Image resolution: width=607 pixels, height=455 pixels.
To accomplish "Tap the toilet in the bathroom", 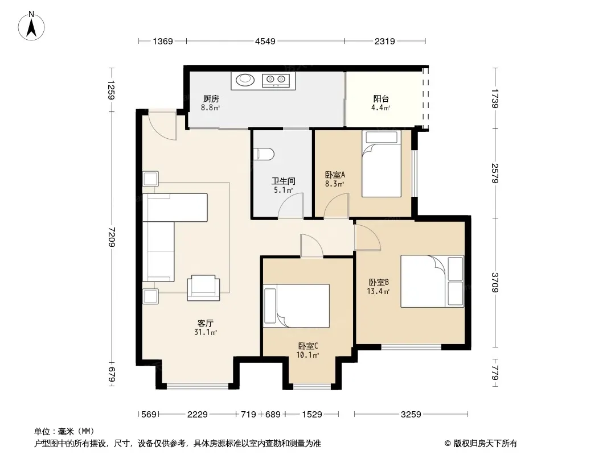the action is [x=264, y=154].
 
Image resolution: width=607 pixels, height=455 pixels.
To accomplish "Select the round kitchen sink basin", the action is [x=245, y=80].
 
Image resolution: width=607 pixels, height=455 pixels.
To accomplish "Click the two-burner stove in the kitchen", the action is [x=276, y=80].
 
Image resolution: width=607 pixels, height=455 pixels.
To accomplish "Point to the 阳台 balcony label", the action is [x=381, y=99].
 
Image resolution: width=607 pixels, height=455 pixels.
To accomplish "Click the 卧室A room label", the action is [x=335, y=175].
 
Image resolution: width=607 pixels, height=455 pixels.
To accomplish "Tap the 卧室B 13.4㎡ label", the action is [x=378, y=287].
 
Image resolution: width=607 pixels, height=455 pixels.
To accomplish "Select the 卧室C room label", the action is [x=307, y=346].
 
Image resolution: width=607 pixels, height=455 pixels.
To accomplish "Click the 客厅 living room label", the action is [x=205, y=323].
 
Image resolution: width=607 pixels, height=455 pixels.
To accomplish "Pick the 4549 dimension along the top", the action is [x=265, y=41].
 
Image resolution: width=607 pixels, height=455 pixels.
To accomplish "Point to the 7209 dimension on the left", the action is [x=112, y=237].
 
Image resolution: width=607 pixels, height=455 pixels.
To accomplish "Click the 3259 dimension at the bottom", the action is [x=411, y=415].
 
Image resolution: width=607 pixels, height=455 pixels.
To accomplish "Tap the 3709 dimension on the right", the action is [x=495, y=283].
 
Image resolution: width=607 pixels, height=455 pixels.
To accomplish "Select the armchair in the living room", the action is [x=203, y=288].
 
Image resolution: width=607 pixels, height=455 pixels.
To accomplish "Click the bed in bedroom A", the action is [x=382, y=164].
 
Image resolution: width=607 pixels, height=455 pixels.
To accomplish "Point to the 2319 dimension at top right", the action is [x=385, y=41].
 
